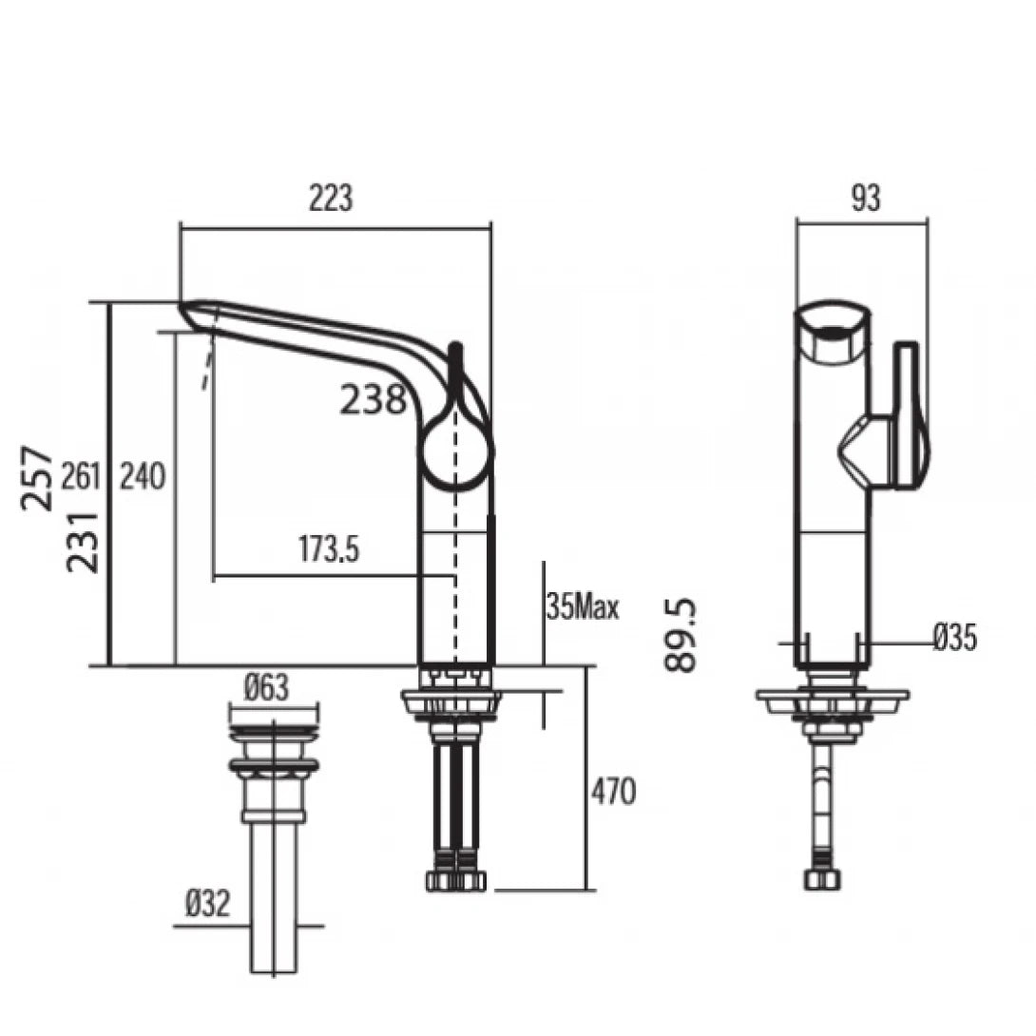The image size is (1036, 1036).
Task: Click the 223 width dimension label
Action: coord(330,198)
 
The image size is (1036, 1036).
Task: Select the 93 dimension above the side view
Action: coord(866,198)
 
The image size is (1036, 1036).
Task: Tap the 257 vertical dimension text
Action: coord(39,477)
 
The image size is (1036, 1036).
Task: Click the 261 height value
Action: coord(81,476)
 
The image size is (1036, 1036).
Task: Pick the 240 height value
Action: coord(142,476)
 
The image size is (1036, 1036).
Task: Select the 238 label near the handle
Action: coord(374,400)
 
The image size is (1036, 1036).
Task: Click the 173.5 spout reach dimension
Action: coord(329,549)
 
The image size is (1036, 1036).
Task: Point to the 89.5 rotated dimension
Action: coord(681,635)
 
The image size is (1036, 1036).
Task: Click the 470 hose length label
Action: coord(613,791)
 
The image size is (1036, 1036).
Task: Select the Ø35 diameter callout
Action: coord(953,639)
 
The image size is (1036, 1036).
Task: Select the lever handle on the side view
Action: coord(907,416)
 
